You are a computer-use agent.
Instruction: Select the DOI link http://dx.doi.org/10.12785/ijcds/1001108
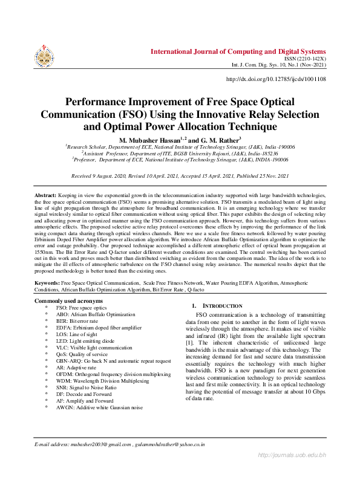click(x=276, y=79)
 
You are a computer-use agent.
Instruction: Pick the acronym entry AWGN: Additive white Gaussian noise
click(x=99, y=407)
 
